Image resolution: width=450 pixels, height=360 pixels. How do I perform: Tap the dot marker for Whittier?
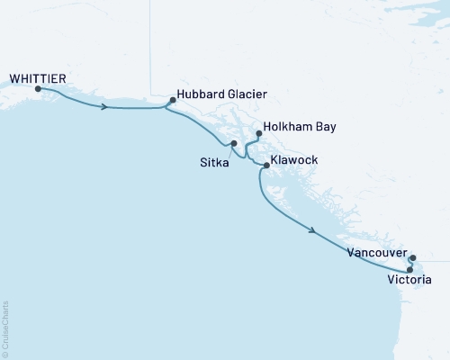click(x=38, y=89)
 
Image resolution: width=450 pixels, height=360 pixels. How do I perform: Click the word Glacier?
click(x=247, y=94)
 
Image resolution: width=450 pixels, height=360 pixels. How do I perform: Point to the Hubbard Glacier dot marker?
click(x=172, y=100)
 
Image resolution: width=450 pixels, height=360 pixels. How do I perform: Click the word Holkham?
click(x=289, y=128)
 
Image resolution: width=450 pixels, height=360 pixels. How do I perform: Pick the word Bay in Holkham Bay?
click(x=325, y=128)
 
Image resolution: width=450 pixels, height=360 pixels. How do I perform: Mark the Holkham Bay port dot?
click(x=259, y=134)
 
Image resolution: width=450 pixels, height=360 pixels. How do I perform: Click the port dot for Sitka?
click(x=233, y=144)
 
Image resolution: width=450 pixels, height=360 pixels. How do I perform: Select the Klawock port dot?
click(x=265, y=165)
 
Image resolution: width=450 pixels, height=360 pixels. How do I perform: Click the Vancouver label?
click(x=376, y=254)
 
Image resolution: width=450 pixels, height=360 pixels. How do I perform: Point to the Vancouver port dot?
click(x=412, y=258)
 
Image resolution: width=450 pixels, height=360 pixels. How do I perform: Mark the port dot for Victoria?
click(x=409, y=269)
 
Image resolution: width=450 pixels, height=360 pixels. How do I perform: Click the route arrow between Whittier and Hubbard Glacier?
click(x=106, y=107)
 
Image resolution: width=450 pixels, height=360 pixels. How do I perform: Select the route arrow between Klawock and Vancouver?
click(x=312, y=231)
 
